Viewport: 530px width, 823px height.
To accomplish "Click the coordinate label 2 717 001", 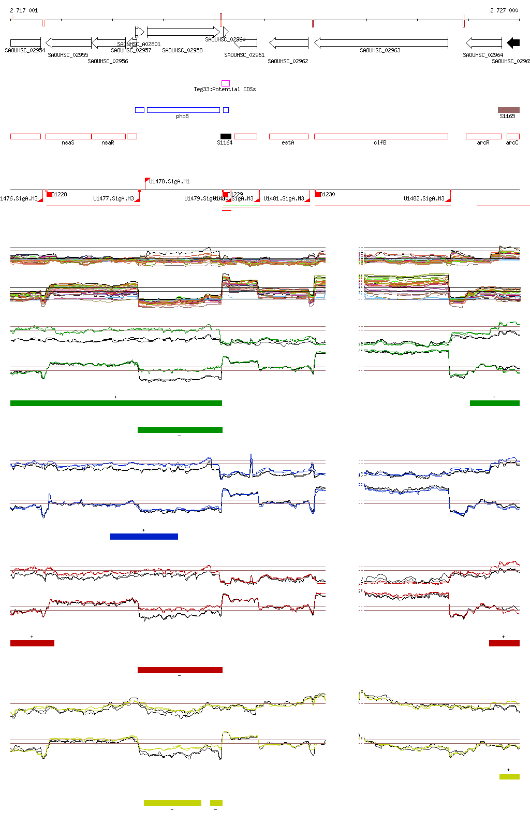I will tap(24, 10).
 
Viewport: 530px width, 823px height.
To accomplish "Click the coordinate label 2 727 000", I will tap(504, 10).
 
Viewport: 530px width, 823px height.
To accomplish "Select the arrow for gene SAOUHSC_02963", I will tap(381, 42).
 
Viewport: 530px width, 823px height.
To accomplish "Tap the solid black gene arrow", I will tap(513, 43).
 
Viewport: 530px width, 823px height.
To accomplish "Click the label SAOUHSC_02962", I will tap(288, 61).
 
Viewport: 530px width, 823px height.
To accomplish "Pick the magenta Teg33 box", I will tap(226, 83).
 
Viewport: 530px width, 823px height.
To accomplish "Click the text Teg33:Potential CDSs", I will tap(225, 89).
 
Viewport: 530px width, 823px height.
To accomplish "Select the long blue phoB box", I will tap(183, 110).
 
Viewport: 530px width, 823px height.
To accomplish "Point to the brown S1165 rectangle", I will tap(508, 110).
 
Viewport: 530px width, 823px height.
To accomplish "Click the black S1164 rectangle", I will tap(226, 136).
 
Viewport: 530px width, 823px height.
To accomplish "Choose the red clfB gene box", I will tap(381, 136).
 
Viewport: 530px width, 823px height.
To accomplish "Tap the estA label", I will tap(288, 142).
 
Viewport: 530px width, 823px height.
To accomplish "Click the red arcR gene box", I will tap(483, 136).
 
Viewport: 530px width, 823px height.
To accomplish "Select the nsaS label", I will tap(68, 142).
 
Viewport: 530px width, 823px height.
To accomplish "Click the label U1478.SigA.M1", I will tap(169, 181).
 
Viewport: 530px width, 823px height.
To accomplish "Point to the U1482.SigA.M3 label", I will tap(424, 198).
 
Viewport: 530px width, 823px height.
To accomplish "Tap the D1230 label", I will tap(327, 194).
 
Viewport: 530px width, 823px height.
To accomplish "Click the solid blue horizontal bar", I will tap(144, 537).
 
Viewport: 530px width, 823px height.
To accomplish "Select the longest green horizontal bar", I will tap(116, 403).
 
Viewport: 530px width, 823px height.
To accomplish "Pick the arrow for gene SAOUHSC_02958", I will tap(183, 32).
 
